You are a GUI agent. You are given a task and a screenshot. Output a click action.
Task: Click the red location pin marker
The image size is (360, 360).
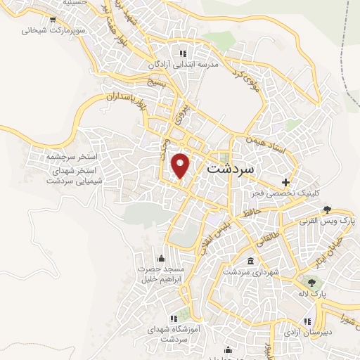pyautogui.click(x=181, y=166)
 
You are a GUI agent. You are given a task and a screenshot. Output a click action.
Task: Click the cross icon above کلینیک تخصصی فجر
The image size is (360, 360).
pyautogui.click(x=285, y=181)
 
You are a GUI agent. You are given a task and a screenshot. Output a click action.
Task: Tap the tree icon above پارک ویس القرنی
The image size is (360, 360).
pyautogui.click(x=327, y=209)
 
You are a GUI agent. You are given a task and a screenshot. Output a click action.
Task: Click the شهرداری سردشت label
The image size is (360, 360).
pyautogui.click(x=252, y=272)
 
